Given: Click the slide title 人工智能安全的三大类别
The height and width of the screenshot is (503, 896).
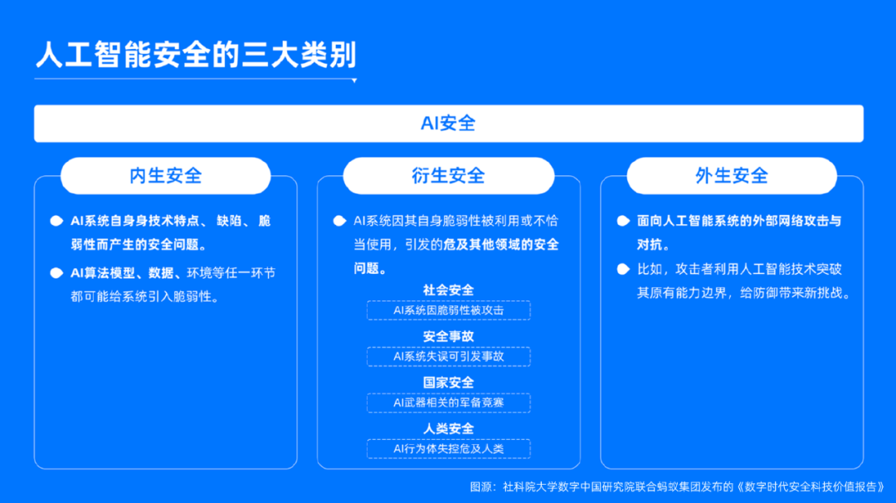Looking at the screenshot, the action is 196,55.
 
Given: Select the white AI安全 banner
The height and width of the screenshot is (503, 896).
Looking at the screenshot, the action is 449,124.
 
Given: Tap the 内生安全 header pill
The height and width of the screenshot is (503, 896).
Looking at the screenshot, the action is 166,175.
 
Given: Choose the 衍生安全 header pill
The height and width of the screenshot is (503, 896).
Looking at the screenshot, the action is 449,175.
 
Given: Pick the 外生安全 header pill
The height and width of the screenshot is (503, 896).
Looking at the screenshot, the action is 732,175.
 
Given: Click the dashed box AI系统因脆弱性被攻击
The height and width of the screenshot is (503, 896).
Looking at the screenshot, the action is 449,310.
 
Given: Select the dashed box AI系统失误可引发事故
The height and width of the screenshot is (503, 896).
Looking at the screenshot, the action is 449,357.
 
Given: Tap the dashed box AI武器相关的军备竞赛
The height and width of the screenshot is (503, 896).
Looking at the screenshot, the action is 449,403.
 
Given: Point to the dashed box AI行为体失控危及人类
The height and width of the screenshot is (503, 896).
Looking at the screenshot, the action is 449,449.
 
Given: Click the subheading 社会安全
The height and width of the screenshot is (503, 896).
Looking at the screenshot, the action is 449,291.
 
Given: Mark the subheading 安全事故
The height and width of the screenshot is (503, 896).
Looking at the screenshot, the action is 449,337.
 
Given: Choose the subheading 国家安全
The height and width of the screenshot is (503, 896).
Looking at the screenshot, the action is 449,383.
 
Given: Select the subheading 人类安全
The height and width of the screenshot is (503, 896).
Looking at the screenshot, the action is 449,428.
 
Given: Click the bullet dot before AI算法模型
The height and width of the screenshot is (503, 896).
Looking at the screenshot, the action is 56,273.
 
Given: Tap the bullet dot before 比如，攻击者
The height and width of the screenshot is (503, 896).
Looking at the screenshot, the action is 623,269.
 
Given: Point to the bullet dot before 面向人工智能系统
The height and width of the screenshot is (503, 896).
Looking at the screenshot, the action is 623,221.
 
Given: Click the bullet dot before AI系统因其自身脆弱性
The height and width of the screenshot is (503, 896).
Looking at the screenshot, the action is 340,221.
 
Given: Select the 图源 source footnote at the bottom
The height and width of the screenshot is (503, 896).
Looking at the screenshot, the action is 677,487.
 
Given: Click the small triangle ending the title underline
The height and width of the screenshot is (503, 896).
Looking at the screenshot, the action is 354,81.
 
